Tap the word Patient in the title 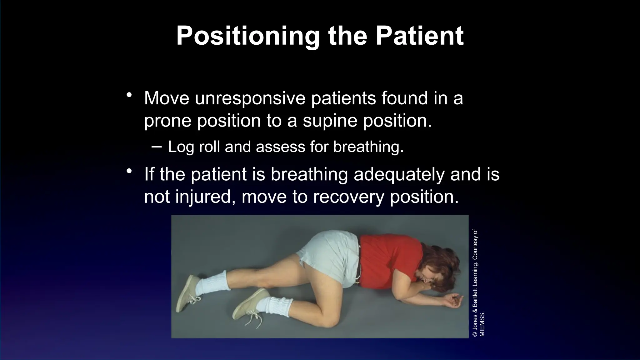click(x=419, y=36)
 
